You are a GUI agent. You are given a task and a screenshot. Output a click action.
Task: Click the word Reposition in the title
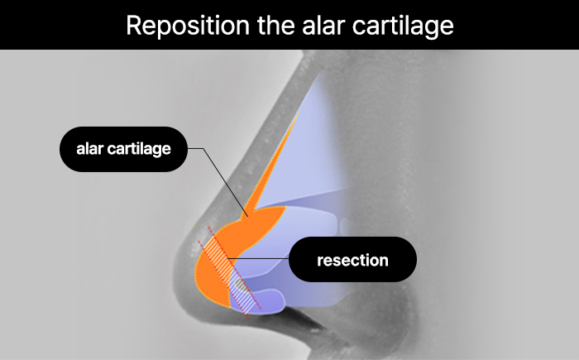188,26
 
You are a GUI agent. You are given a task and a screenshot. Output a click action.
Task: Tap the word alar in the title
323,25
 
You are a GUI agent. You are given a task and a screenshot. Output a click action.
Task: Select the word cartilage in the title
403,26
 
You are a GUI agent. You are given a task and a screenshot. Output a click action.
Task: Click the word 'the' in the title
275,25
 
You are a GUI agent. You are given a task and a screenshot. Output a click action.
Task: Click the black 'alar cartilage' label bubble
123,149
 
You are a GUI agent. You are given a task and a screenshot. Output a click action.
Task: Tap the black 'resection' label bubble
352,260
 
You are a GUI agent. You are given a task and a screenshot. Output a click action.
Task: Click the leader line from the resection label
258,258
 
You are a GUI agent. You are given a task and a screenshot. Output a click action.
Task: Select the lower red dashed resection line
223,280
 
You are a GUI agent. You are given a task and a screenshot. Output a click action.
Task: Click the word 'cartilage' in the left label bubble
139,149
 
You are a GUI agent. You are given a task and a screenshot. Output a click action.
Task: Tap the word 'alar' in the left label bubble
89,149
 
